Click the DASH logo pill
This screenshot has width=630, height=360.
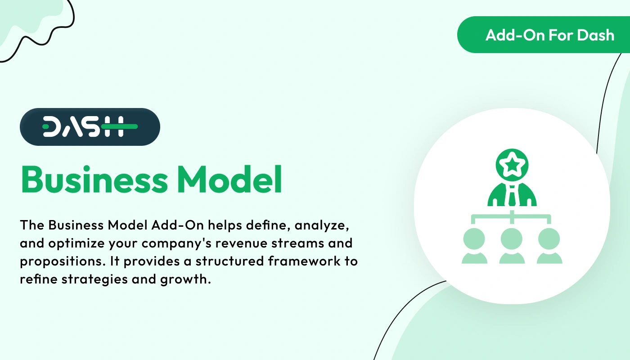[x=90, y=127]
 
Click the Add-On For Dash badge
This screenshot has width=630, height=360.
[x=544, y=35]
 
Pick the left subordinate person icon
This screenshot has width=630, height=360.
[x=474, y=246]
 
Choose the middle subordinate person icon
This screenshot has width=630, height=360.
[x=512, y=246]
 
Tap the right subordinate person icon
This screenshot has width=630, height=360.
[x=549, y=246]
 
